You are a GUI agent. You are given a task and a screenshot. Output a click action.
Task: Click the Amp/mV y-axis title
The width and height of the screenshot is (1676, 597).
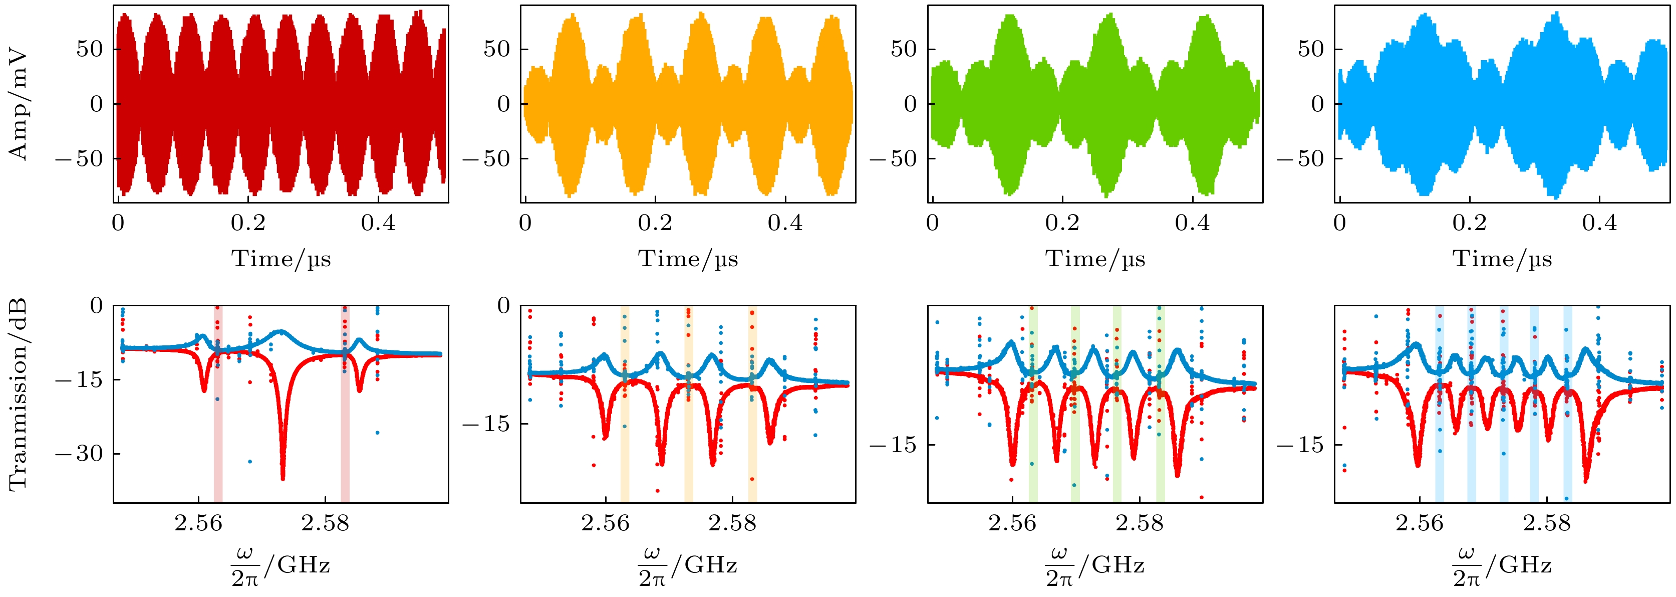click(x=18, y=104)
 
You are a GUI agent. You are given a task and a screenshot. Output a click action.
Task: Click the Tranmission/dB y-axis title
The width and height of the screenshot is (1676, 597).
click(x=18, y=394)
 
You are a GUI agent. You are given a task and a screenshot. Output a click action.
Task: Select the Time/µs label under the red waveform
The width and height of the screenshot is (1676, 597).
click(x=281, y=259)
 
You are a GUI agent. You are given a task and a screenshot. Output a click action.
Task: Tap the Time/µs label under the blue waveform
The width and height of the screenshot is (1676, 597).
click(x=1502, y=259)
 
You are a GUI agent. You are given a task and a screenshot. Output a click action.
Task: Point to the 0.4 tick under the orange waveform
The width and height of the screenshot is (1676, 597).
click(x=785, y=223)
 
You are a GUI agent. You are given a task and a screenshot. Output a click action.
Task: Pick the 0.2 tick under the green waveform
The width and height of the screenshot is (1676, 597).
click(x=1062, y=223)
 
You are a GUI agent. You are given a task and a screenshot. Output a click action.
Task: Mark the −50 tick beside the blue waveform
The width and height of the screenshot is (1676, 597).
click(x=1301, y=158)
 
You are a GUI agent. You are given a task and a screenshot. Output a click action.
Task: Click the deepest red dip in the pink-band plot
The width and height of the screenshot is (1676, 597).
click(x=283, y=477)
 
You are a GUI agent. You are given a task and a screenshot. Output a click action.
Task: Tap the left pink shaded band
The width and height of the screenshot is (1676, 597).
click(x=218, y=404)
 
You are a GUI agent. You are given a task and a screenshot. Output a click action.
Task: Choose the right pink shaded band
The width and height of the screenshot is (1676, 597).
click(x=345, y=404)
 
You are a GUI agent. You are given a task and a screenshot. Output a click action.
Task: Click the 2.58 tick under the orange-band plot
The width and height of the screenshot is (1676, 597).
click(x=733, y=523)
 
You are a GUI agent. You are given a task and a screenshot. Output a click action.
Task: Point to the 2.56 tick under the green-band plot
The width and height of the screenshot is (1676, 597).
click(x=1012, y=523)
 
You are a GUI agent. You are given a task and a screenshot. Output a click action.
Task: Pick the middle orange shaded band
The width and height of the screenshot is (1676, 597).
click(x=688, y=404)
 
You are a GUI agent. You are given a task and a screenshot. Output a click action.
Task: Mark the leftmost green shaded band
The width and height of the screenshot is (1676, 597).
click(x=1033, y=404)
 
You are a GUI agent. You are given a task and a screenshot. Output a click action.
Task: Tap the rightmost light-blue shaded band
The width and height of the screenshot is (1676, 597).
click(x=1567, y=404)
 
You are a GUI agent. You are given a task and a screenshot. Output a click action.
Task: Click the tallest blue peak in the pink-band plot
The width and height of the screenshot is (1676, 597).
click(x=281, y=331)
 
